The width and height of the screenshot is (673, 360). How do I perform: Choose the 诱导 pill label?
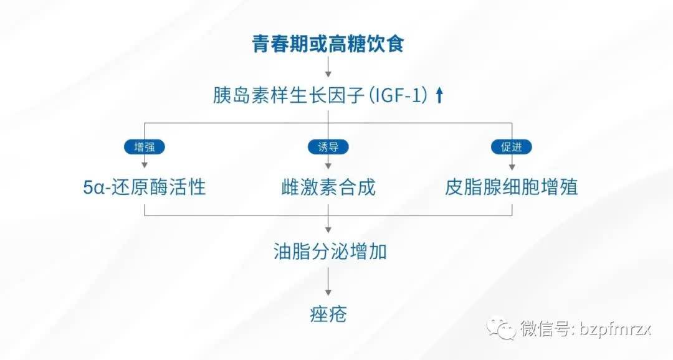pyautogui.click(x=328, y=147)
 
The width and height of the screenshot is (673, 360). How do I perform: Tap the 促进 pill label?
pyautogui.click(x=512, y=147)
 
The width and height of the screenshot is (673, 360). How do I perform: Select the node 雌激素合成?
pyautogui.click(x=328, y=187)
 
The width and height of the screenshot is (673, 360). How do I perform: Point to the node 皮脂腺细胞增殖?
pyautogui.click(x=511, y=187)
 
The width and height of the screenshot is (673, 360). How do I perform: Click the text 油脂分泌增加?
pyautogui.click(x=330, y=252)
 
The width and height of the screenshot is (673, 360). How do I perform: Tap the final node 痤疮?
pyautogui.click(x=328, y=313)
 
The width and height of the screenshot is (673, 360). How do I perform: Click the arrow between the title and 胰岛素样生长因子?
pyautogui.click(x=328, y=67)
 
